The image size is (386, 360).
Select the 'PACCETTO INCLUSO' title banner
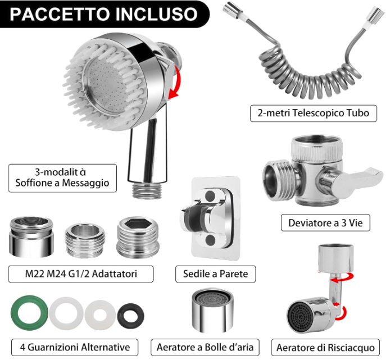click(103, 14)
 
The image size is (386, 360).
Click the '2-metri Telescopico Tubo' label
click(314, 113)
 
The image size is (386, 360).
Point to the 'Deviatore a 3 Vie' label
click(325, 223)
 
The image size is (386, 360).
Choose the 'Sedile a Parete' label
click(215, 274)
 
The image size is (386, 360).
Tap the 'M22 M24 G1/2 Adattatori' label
click(81, 274)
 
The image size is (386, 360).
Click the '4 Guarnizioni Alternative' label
click(75, 347)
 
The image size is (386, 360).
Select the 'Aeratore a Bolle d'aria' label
click(205, 347)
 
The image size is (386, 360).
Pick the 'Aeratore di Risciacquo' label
click(325, 348)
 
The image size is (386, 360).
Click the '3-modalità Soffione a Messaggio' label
click(62, 178)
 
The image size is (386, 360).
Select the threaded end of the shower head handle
click(146, 190)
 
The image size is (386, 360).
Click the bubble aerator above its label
click(212, 311)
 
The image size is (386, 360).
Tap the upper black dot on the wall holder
click(210, 195)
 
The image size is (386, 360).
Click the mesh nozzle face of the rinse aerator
click(301, 316)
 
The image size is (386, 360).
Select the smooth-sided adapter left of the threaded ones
click(31, 237)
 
